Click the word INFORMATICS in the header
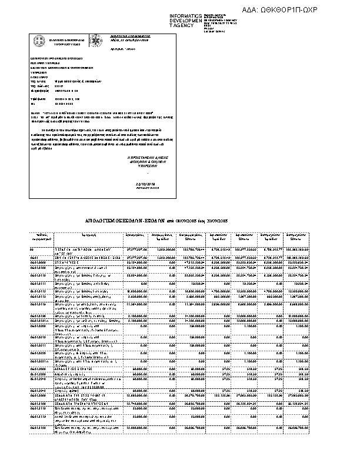click(185, 15)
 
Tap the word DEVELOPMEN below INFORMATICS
click(185, 21)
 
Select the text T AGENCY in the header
click(181, 26)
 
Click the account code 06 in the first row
click(32, 250)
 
